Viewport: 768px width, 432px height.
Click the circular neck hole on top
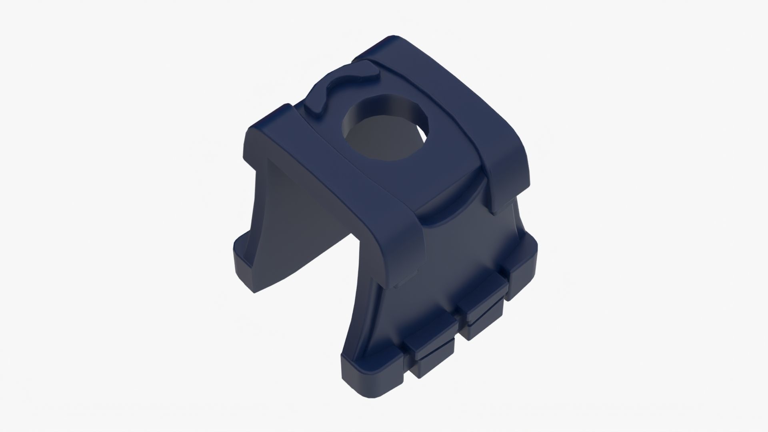point(384,132)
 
